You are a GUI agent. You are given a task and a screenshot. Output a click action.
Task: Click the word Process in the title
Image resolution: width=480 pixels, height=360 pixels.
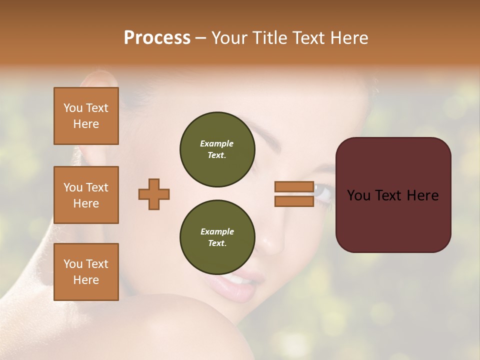(x=157, y=38)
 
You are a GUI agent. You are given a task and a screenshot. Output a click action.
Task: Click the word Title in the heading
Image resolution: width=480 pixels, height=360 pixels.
(x=270, y=38)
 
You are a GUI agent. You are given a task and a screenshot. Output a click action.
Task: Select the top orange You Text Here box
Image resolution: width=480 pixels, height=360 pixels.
(x=86, y=116)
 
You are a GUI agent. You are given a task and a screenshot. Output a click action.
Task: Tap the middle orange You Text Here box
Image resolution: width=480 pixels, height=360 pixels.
(x=86, y=195)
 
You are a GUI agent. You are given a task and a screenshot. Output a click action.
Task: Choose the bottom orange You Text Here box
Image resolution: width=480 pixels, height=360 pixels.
(x=86, y=272)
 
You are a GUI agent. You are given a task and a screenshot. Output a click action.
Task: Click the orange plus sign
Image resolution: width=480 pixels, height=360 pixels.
(x=154, y=194)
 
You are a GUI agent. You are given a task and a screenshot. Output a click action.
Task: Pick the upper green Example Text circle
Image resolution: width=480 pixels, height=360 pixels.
(x=217, y=149)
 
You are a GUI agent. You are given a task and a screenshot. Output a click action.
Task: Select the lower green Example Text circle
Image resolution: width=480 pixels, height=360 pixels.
(x=217, y=237)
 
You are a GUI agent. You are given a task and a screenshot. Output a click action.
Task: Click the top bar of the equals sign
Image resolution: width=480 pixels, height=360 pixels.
(x=294, y=187)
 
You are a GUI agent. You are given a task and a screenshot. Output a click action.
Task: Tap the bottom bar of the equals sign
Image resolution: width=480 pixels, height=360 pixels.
(x=294, y=201)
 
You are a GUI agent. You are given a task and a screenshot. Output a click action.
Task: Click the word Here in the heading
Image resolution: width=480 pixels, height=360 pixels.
(x=348, y=38)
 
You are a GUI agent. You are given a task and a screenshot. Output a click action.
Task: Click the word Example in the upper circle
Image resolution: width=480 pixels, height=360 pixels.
(x=217, y=143)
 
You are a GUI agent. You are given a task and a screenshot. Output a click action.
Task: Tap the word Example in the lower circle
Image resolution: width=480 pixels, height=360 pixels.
(x=217, y=231)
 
